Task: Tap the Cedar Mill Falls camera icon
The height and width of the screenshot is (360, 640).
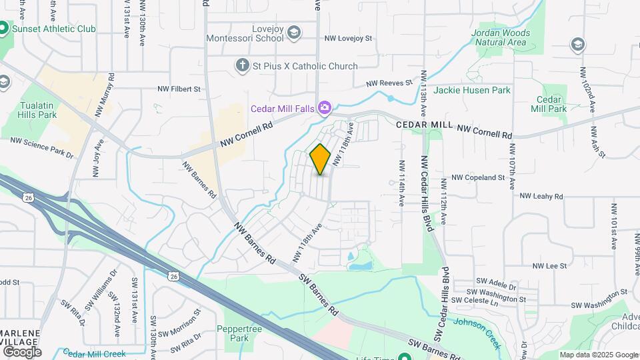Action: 325,107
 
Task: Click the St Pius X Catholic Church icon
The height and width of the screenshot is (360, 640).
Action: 243,65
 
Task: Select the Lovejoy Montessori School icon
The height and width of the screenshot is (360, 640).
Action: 295,33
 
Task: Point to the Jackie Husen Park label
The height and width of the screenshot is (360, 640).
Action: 471,90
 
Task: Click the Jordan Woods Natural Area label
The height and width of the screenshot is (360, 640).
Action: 500,37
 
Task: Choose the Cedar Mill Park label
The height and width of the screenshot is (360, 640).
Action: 548,104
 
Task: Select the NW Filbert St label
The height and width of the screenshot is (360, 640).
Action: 179,89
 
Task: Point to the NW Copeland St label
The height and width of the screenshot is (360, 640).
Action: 478,178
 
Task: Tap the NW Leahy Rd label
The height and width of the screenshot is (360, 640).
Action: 541,197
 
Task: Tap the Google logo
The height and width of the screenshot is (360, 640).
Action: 22,352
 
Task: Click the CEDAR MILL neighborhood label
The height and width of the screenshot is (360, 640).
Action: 425,125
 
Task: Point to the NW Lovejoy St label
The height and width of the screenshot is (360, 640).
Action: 348,39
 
